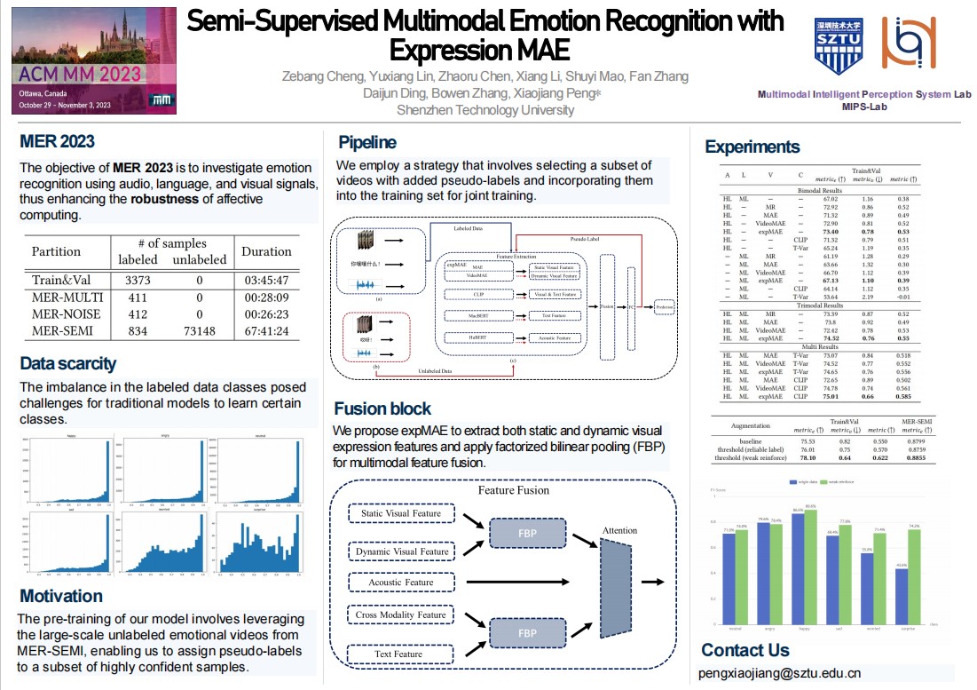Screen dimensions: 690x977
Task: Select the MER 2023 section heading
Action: click(57, 142)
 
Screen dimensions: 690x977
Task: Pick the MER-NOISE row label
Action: click(67, 313)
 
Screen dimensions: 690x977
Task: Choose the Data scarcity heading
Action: click(68, 363)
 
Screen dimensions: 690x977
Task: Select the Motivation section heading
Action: click(61, 596)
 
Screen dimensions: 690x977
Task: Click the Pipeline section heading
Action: click(367, 142)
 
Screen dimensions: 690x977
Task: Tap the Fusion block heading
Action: click(382, 408)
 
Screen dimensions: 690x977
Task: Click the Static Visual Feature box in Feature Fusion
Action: click(401, 513)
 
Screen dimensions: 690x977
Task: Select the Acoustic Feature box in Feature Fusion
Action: click(401, 583)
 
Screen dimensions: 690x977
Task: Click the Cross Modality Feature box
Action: click(401, 615)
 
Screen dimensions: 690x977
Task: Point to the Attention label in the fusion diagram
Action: click(619, 530)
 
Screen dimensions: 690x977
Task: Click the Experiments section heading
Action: click(752, 147)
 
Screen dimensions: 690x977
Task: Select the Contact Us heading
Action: click(745, 650)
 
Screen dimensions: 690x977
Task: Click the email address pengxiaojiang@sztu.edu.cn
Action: click(779, 673)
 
